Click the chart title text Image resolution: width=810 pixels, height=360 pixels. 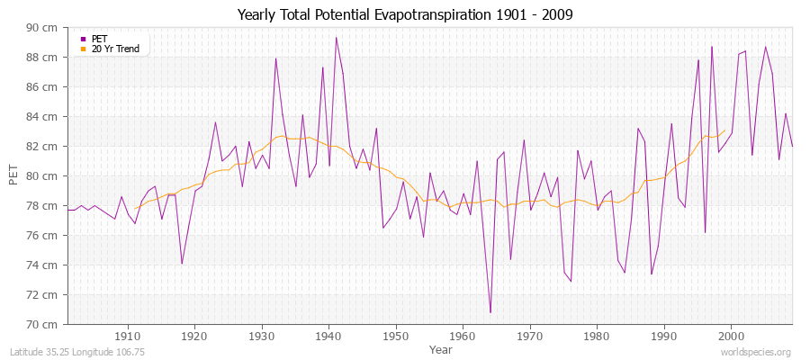click(x=405, y=14)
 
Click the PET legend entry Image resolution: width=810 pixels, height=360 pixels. click(x=99, y=39)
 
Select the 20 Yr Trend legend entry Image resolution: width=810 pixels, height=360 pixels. click(x=115, y=49)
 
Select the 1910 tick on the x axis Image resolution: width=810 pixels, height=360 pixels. click(x=128, y=336)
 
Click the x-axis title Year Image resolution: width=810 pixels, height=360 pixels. click(x=441, y=348)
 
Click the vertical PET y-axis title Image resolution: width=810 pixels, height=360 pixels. click(x=13, y=175)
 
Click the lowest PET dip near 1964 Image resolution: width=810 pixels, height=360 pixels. click(x=490, y=312)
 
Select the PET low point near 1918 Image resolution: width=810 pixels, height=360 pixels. click(x=182, y=264)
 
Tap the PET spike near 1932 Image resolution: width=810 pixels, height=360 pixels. click(x=275, y=58)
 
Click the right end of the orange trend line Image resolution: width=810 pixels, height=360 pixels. click(x=724, y=130)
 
